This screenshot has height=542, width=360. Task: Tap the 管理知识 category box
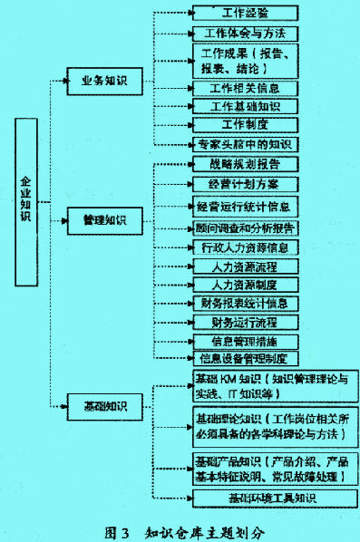tap(104, 220)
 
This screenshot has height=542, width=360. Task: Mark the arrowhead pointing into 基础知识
tap(65, 405)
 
